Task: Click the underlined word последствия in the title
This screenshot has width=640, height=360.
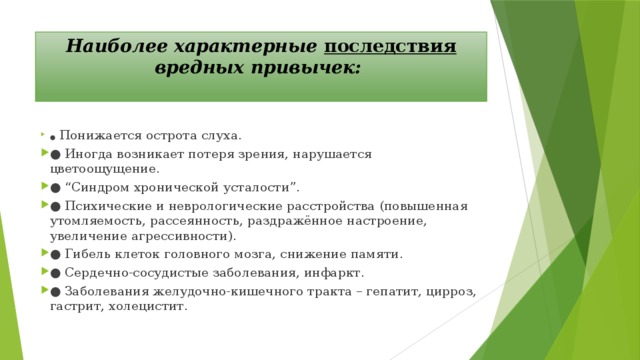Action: point(391,46)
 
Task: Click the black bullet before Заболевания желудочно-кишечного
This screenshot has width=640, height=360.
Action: point(54,292)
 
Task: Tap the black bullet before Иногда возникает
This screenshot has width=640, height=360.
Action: point(54,154)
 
